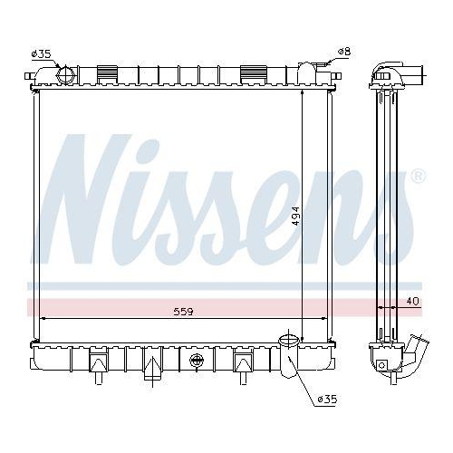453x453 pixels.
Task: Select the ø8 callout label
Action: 343,52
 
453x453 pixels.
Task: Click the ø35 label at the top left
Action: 41,54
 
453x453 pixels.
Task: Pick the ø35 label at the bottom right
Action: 328,399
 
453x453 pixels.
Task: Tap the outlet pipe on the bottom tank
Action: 288,358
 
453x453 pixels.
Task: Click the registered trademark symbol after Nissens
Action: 418,177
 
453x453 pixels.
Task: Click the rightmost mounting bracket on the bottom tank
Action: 243,362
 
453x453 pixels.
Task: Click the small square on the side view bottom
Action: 383,364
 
